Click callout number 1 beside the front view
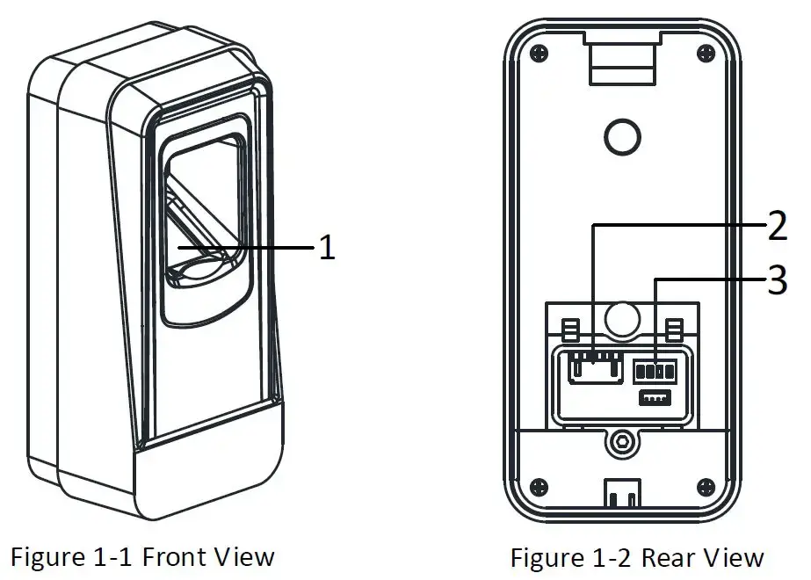point(326,249)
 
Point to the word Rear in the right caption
point(670,558)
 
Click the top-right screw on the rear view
point(704,54)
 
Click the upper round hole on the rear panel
point(620,134)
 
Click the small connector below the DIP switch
point(655,398)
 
